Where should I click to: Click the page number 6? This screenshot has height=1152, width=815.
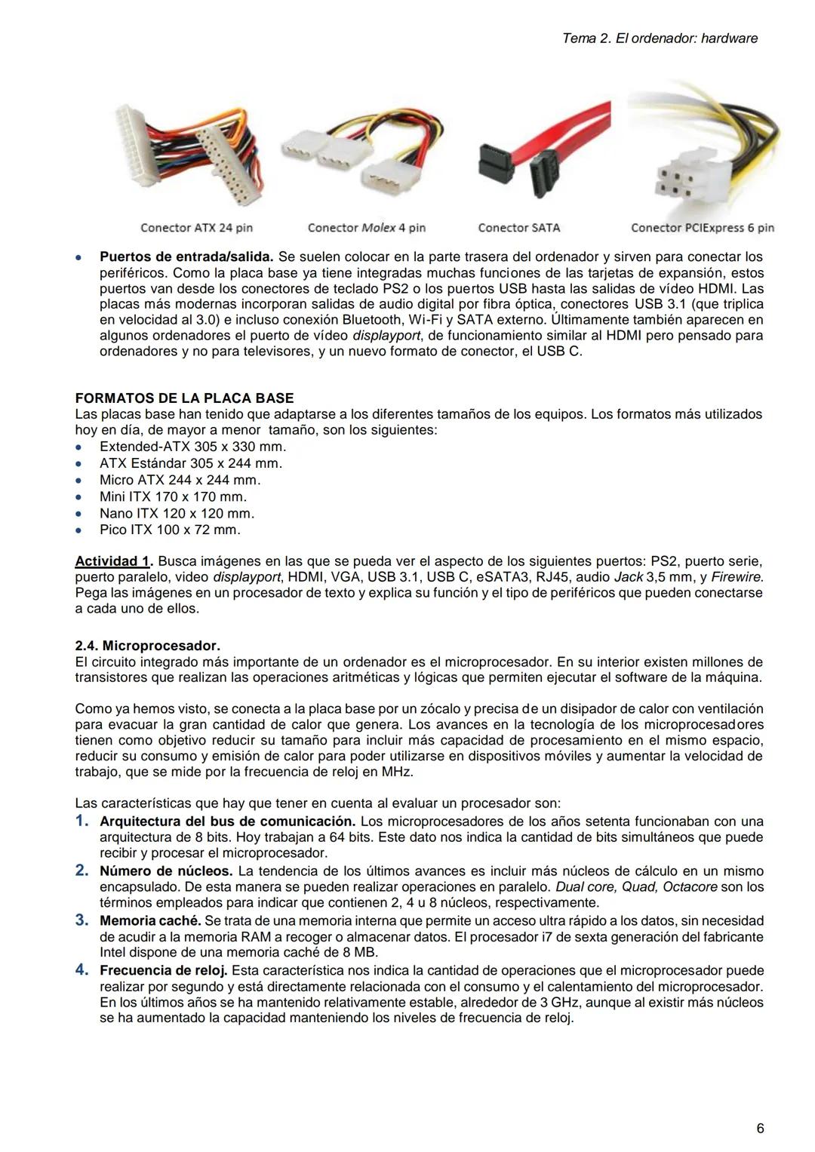(760, 1129)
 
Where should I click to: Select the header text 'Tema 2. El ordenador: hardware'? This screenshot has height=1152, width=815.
(660, 38)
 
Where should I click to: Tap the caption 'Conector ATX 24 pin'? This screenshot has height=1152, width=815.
(196, 228)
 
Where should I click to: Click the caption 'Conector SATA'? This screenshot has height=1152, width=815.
(519, 228)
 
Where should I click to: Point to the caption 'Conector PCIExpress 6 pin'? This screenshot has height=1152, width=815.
(702, 228)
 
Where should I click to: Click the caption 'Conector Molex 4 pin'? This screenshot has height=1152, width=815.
(367, 228)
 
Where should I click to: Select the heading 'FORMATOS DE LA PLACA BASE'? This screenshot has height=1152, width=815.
(184, 398)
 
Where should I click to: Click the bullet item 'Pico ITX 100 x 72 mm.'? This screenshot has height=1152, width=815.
(170, 530)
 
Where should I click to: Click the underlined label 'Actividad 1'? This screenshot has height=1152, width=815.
(112, 561)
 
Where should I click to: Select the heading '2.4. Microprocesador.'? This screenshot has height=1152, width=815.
(147, 646)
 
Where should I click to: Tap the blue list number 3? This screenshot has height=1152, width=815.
(81, 920)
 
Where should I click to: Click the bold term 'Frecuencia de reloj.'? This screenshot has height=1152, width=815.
(164, 970)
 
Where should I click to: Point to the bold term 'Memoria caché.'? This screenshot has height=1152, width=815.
(150, 920)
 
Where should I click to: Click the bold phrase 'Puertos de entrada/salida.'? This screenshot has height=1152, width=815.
(186, 257)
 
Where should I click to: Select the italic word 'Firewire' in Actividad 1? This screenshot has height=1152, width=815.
(737, 577)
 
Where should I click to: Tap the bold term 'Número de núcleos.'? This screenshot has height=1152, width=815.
(166, 871)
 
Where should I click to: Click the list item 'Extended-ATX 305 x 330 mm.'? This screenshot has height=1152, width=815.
(192, 447)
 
